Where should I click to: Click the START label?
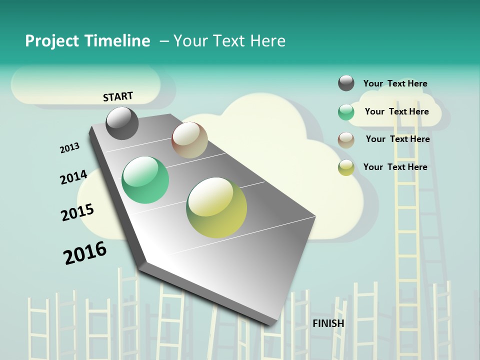tap(118, 96)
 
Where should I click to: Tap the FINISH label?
tap(328, 323)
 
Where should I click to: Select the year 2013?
tap(70, 147)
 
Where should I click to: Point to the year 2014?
tap(74, 177)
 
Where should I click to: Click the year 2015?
tap(77, 212)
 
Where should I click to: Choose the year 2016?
tap(85, 252)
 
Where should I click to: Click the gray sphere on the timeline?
tap(122, 123)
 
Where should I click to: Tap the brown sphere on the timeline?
tap(189, 140)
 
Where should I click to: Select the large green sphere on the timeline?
tap(145, 180)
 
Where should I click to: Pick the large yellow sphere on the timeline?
tap(216, 207)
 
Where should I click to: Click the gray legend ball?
tap(346, 83)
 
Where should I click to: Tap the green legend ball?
tap(346, 112)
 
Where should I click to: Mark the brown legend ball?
tap(346, 140)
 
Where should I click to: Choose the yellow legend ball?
tap(346, 167)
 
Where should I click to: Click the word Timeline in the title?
tap(117, 41)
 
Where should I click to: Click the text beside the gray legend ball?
tap(395, 83)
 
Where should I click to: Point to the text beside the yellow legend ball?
tap(395, 167)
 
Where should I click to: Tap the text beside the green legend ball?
tap(396, 111)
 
